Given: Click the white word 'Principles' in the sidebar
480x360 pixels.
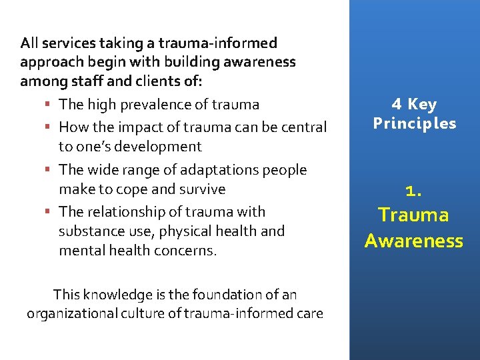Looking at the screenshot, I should pyautogui.click(x=415, y=123).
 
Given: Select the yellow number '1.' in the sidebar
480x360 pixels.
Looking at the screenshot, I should pyautogui.click(x=414, y=191).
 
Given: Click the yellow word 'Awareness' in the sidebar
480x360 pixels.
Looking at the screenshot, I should pyautogui.click(x=414, y=241).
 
